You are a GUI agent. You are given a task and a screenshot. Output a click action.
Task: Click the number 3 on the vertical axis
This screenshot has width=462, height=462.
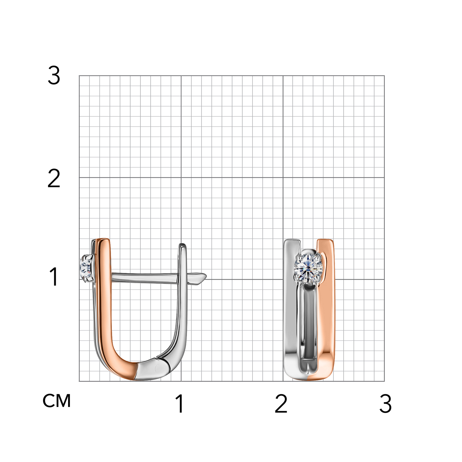click(54, 75)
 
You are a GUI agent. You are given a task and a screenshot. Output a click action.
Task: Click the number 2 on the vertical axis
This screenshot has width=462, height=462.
click(54, 178)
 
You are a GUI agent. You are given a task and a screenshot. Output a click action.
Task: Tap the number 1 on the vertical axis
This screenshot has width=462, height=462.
click(54, 276)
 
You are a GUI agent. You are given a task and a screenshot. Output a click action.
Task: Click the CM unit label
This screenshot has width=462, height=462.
click(57, 401)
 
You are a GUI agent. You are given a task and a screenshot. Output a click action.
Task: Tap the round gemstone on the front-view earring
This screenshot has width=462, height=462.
click(308, 267)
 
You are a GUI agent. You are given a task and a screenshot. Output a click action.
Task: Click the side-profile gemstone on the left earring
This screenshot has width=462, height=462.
click(86, 267)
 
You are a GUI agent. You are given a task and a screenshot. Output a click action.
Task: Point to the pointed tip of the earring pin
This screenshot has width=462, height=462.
click(206, 276)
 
